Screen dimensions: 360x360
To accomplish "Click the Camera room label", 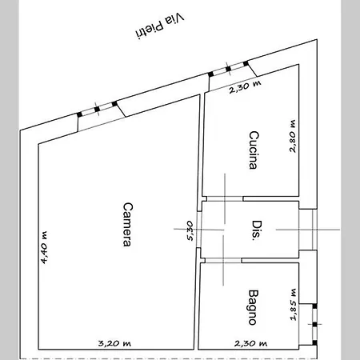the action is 128,224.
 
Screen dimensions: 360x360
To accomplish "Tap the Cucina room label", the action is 254,150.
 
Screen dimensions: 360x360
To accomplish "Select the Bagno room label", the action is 254,307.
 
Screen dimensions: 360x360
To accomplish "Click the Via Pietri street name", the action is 160,26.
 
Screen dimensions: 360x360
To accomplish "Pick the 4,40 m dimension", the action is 44,248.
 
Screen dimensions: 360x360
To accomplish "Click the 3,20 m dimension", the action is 114,343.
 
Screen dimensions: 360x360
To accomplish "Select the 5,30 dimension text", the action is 190,230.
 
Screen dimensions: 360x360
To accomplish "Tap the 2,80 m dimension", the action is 293,136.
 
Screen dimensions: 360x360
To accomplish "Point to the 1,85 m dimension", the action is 294,305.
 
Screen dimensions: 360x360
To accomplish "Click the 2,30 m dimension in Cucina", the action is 245,86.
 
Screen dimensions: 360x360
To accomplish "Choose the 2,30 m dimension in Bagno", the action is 250,343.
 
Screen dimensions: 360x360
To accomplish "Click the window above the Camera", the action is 97,109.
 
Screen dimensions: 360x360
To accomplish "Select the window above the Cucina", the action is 228,69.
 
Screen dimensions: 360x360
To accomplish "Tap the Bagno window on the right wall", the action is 314,324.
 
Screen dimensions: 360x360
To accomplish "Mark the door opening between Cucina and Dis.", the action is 225,198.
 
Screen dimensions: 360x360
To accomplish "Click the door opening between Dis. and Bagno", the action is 223,260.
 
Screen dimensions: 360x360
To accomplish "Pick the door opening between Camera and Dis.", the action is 198,230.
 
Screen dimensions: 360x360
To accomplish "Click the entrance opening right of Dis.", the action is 308,230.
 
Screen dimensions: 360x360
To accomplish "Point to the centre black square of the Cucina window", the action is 228,69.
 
